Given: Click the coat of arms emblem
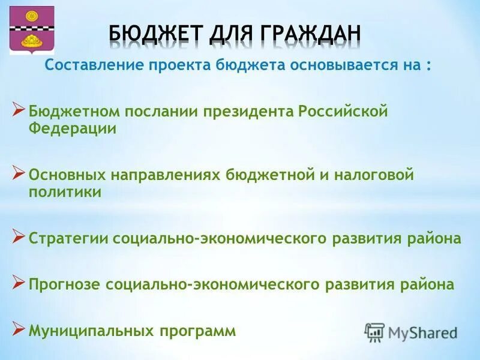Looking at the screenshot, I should [x=32, y=30].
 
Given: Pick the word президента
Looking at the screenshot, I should [x=247, y=112].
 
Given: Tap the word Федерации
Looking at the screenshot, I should [x=73, y=129].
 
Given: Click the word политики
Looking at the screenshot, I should [x=65, y=192].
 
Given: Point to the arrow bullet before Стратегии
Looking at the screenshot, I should [x=19, y=236].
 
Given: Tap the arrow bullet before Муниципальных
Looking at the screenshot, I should [x=19, y=328].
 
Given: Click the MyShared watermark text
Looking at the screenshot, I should [x=422, y=332].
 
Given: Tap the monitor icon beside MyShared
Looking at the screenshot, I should [x=375, y=332].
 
